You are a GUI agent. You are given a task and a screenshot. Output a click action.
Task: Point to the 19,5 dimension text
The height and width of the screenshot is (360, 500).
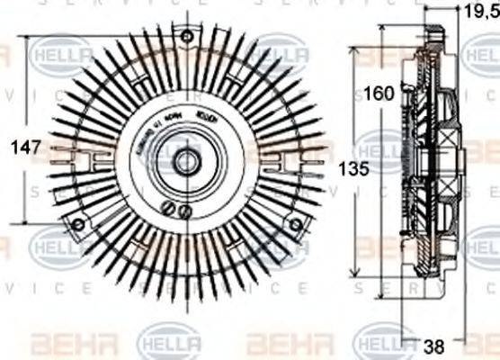tap(478, 12)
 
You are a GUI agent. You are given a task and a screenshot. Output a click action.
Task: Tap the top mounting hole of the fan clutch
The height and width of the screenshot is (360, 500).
tap(186, 37)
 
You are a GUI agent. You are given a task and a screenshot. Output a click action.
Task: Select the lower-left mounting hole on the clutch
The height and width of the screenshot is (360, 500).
tap(77, 224)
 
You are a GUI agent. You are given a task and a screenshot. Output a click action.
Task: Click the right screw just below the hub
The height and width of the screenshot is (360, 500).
tap(185, 212)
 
